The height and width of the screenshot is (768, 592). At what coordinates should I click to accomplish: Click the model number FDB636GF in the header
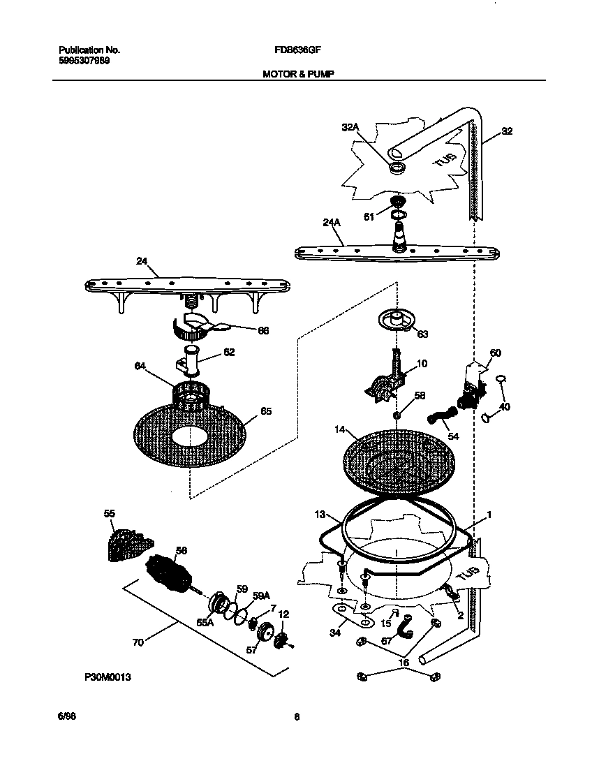296,50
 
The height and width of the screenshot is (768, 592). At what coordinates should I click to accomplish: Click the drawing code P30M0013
108,677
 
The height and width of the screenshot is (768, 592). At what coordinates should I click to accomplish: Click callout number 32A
350,127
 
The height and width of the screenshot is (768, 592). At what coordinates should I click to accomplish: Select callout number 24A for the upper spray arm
331,223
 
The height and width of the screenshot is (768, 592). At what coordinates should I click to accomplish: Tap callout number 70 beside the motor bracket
138,642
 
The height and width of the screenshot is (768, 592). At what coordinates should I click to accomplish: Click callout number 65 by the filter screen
266,411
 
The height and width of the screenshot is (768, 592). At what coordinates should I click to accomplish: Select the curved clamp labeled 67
404,629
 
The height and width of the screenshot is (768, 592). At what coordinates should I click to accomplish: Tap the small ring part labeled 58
397,415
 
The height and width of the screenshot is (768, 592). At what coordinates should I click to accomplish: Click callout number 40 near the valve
505,406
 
